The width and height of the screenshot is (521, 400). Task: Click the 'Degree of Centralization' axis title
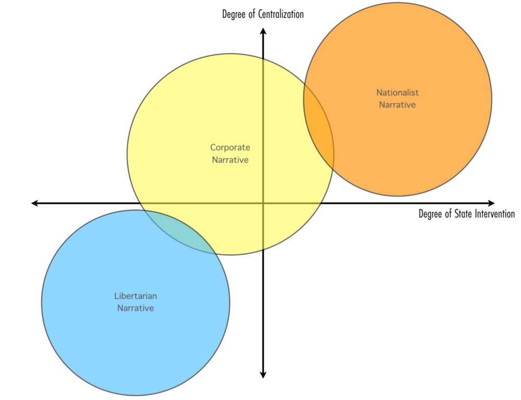click(263, 14)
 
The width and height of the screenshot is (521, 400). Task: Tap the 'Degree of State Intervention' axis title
click(466, 214)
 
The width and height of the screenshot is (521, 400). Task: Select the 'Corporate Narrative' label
click(230, 153)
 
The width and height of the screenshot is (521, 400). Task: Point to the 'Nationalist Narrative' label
click(398, 98)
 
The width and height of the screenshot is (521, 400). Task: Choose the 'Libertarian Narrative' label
click(135, 302)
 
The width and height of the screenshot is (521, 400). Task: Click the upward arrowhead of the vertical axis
click(263, 31)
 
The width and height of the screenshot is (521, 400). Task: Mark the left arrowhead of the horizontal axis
click(35, 203)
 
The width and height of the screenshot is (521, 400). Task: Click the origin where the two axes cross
click(263, 203)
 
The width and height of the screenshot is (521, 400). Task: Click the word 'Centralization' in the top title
click(280, 14)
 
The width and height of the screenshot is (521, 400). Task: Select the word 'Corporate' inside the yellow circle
click(230, 148)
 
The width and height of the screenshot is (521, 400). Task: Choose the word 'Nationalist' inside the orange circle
click(398, 93)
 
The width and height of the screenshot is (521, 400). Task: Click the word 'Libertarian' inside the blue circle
click(135, 296)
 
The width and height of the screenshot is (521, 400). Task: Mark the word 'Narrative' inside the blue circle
click(135, 308)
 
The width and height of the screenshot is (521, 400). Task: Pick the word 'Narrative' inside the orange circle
click(398, 105)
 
